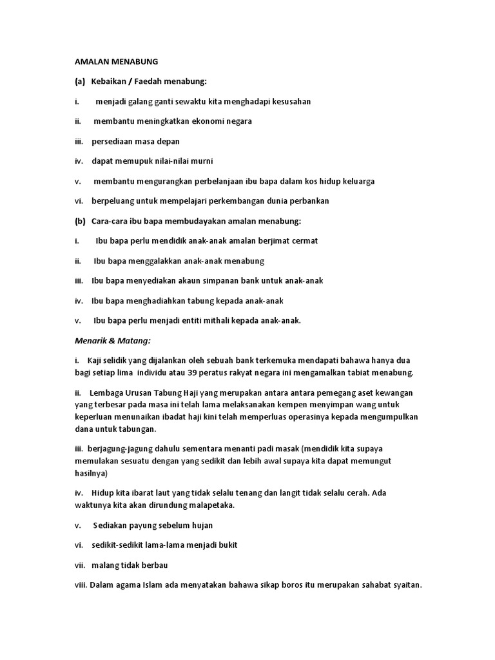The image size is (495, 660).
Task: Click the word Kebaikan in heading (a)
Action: pyautogui.click(x=110, y=82)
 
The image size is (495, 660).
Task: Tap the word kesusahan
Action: pyautogui.click(x=288, y=102)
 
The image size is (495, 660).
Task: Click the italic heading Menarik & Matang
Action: pyautogui.click(x=112, y=340)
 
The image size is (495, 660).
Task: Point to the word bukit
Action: pyautogui.click(x=226, y=545)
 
